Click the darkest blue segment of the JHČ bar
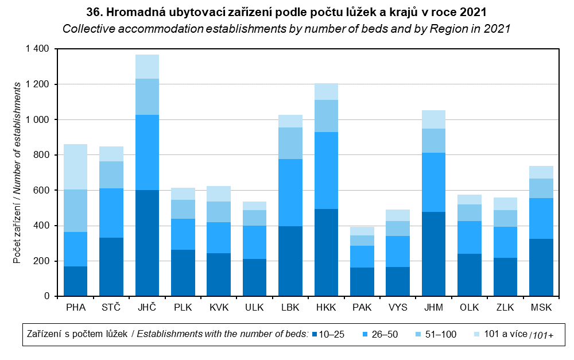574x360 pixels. [x=147, y=243]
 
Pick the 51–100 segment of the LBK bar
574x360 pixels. [x=290, y=143]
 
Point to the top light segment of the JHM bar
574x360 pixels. [x=434, y=119]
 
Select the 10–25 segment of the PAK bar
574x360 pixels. [x=362, y=281]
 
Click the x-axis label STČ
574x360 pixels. [x=111, y=307]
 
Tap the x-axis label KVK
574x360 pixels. [x=219, y=307]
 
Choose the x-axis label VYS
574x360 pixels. [x=398, y=307]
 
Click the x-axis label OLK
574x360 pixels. [x=470, y=307]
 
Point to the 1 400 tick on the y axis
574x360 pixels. [x=38, y=49]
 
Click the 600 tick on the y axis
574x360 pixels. [x=43, y=191]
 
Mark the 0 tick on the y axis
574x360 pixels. [x=48, y=296]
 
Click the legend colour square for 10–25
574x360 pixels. [x=314, y=334]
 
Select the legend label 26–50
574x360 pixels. [x=385, y=334]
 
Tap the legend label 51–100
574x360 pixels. [x=441, y=334]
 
